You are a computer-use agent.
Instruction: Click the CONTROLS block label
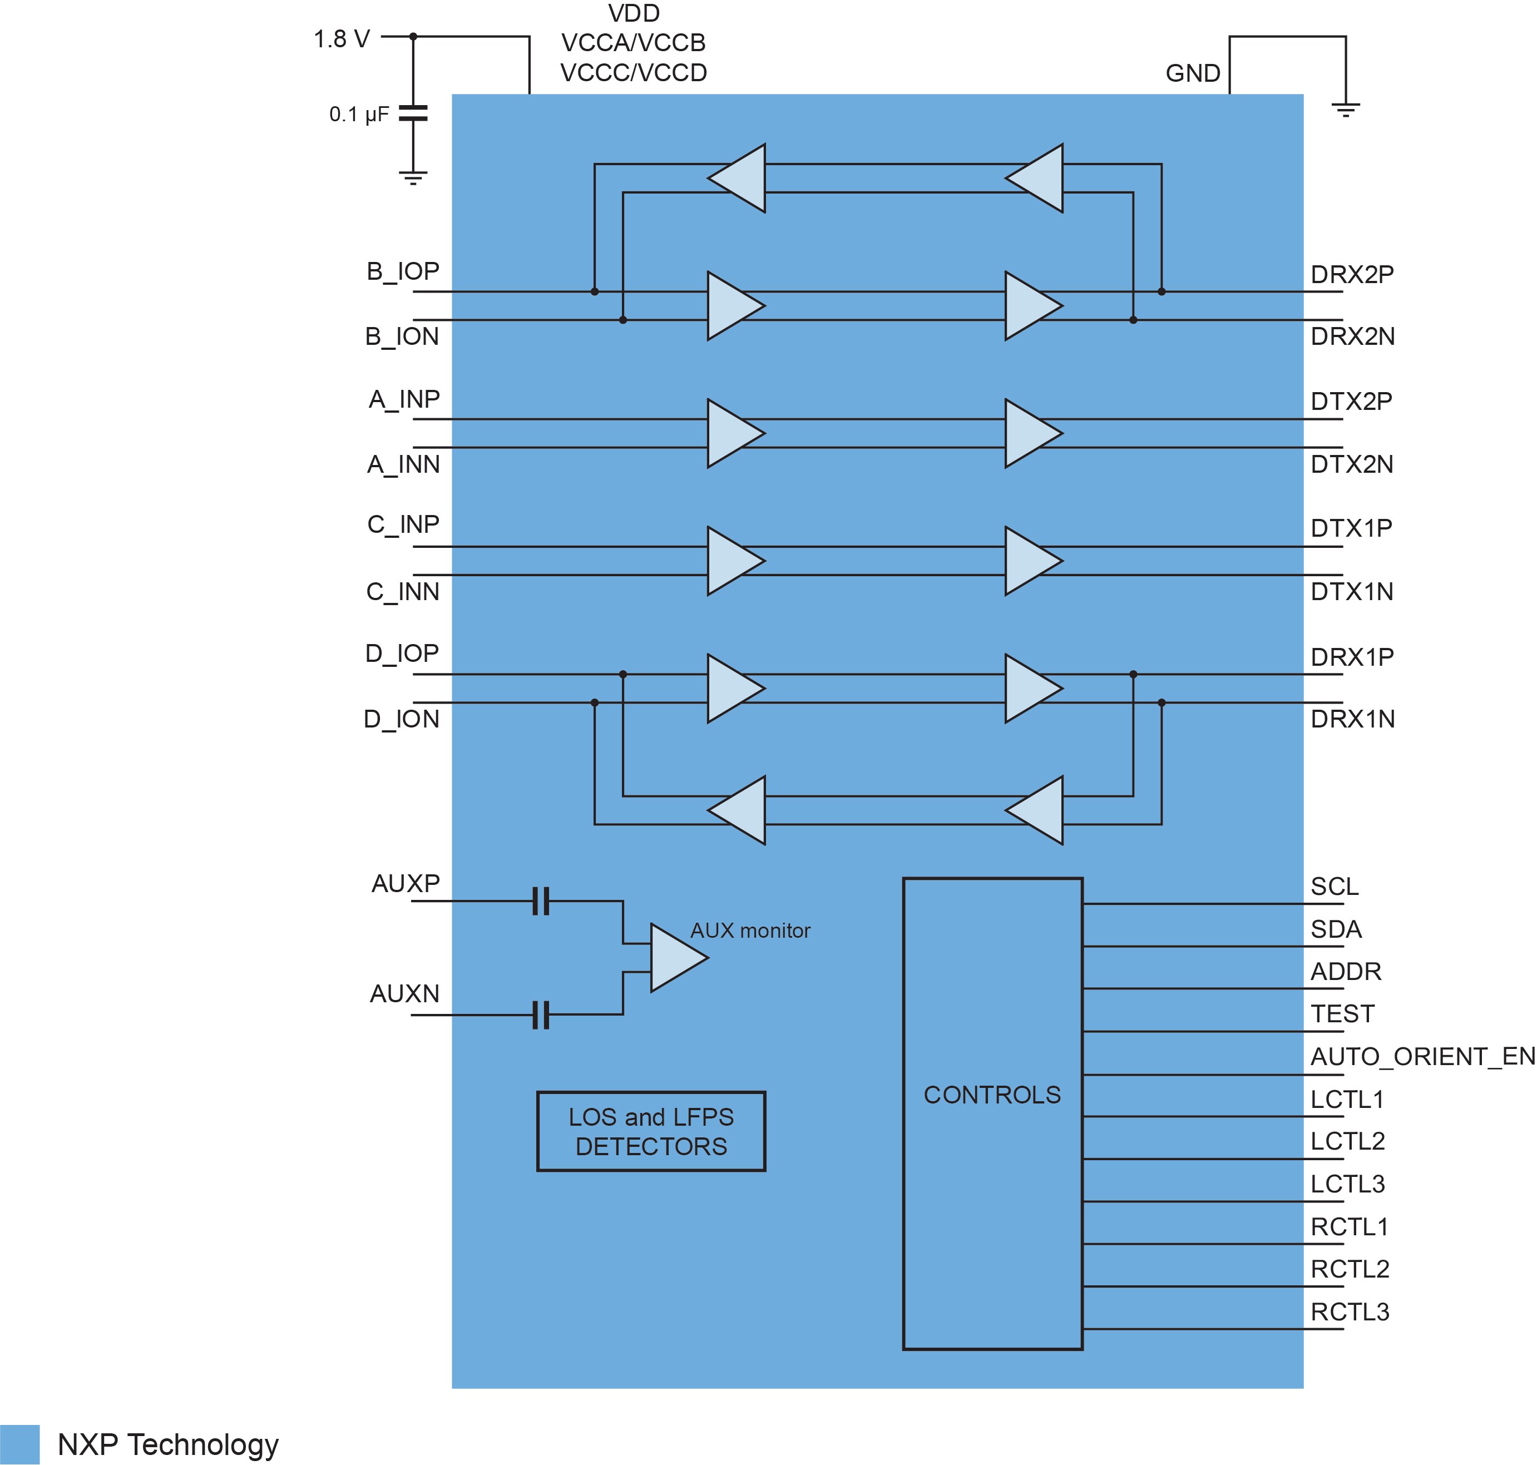pyautogui.click(x=992, y=1095)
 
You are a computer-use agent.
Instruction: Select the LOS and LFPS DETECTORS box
pyautogui.click(x=651, y=1131)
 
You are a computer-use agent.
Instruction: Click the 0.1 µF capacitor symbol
pyautogui.click(x=413, y=113)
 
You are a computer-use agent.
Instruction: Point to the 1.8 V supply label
pyautogui.click(x=342, y=39)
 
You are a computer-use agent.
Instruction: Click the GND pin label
pyautogui.click(x=1193, y=73)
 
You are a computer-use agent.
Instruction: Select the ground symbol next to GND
pyautogui.click(x=1346, y=110)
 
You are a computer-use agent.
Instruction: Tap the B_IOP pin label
pyautogui.click(x=403, y=271)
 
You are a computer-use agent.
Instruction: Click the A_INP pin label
pyautogui.click(x=404, y=399)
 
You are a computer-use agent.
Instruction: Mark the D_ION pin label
pyautogui.click(x=402, y=719)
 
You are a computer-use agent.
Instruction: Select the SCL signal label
pyautogui.click(x=1335, y=887)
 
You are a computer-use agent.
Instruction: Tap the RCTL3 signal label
pyautogui.click(x=1350, y=1312)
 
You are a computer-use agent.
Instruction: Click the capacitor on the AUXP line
pyautogui.click(x=541, y=900)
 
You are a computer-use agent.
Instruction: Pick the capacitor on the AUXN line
pyautogui.click(x=541, y=1015)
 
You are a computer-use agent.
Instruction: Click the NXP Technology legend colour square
pyautogui.click(x=19, y=1444)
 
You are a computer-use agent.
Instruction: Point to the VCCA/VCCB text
pyautogui.click(x=634, y=43)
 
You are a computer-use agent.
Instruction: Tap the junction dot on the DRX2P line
pyautogui.click(x=1162, y=291)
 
